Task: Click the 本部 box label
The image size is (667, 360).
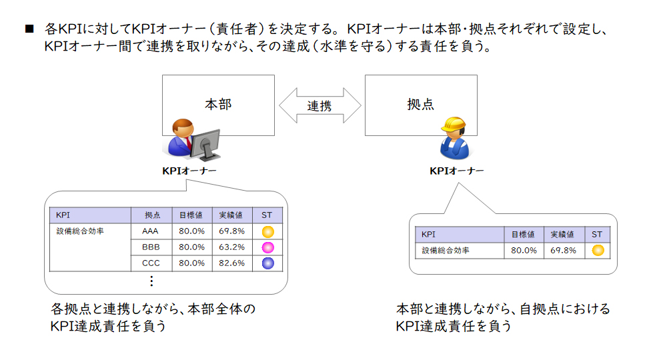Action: (218, 104)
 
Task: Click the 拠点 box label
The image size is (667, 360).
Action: (421, 104)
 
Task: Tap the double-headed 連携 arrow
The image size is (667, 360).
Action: (320, 105)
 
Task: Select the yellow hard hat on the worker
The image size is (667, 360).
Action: (454, 125)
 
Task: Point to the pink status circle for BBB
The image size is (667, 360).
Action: (267, 247)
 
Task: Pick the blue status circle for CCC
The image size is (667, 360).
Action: (267, 263)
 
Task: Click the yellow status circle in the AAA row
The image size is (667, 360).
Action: (267, 231)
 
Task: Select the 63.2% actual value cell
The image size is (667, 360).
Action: (232, 247)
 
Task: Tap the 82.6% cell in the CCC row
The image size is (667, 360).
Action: (232, 263)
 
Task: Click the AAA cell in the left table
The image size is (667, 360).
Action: (150, 231)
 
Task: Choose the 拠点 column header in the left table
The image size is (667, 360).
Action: (152, 215)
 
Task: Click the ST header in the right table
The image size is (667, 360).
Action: (597, 234)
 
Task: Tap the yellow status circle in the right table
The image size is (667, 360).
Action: (598, 251)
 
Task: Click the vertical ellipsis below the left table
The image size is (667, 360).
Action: (151, 281)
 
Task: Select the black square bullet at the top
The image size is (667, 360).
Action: (29, 29)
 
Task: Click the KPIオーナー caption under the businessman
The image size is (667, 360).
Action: (189, 171)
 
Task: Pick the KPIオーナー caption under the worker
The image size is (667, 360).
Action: (456, 171)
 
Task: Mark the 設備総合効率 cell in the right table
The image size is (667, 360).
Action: (446, 251)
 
